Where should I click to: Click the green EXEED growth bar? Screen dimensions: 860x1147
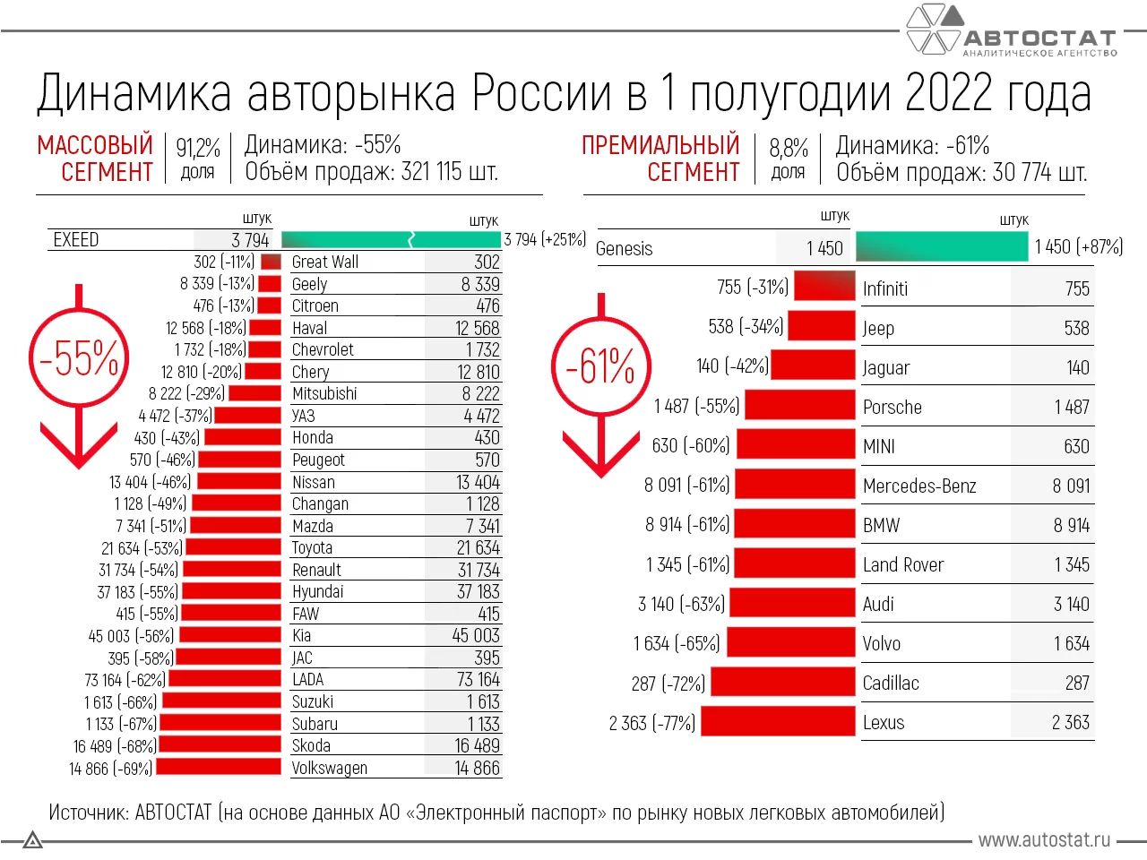(x=392, y=239)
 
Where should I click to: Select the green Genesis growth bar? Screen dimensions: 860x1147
(x=941, y=247)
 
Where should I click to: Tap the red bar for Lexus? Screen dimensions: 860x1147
(x=778, y=722)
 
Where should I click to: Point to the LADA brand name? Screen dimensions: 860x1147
(x=308, y=680)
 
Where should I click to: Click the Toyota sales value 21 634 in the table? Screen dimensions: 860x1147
(x=478, y=547)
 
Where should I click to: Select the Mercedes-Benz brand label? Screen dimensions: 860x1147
(x=919, y=486)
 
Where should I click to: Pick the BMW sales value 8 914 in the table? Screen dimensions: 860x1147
(x=1071, y=525)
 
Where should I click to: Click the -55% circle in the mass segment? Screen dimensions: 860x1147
(x=79, y=358)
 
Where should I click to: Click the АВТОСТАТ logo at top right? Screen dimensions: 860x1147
(x=1013, y=31)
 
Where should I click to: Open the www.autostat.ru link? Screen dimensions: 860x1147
(x=1044, y=839)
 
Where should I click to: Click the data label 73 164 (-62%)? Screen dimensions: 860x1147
(x=125, y=680)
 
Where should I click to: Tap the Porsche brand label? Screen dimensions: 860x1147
(x=892, y=407)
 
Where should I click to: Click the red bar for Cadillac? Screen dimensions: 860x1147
(x=782, y=683)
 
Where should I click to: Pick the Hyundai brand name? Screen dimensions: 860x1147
(x=317, y=591)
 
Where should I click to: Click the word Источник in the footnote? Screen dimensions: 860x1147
(x=88, y=813)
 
